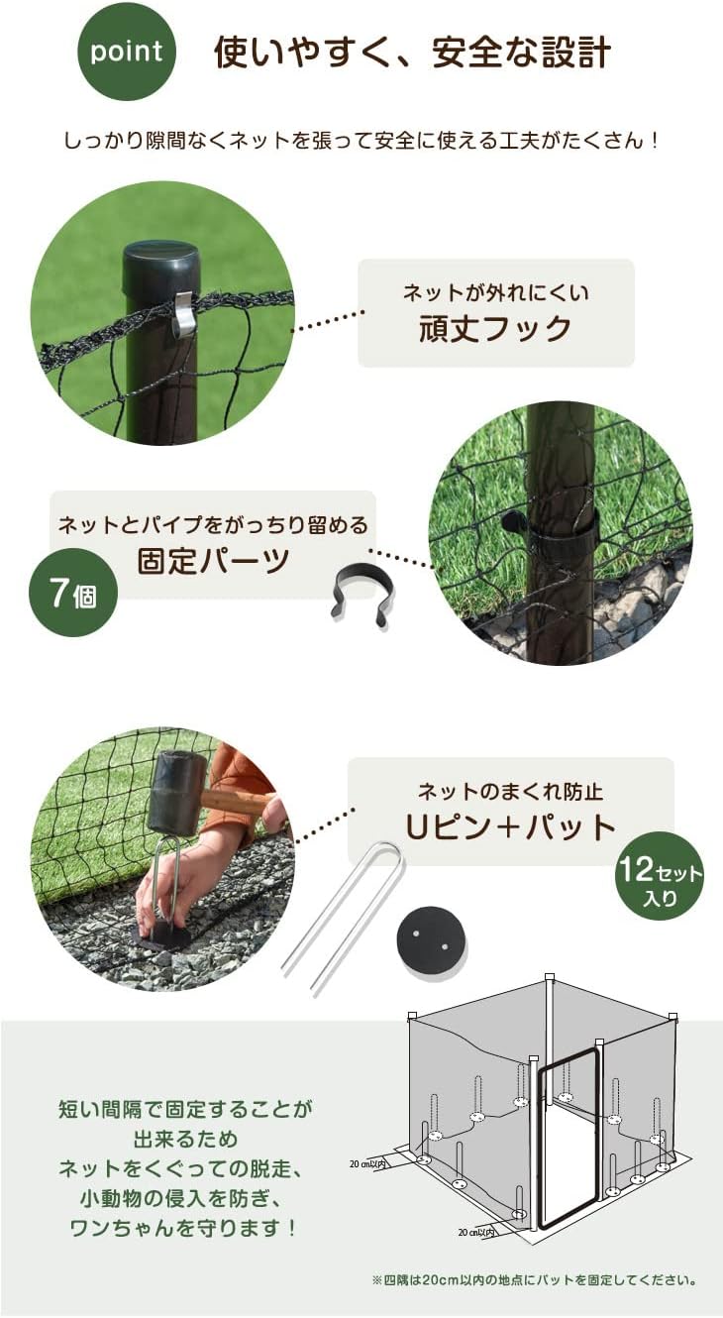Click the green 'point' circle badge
(x=126, y=52)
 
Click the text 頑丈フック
(x=495, y=329)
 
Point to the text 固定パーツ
(x=213, y=560)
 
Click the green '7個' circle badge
(x=72, y=596)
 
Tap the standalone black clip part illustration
(x=361, y=593)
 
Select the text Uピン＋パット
(x=510, y=826)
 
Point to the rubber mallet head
(x=175, y=794)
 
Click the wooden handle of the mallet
(x=243, y=804)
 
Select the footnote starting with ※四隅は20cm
(x=534, y=1280)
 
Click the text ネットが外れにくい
(x=495, y=292)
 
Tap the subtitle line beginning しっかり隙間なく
(x=361, y=140)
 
